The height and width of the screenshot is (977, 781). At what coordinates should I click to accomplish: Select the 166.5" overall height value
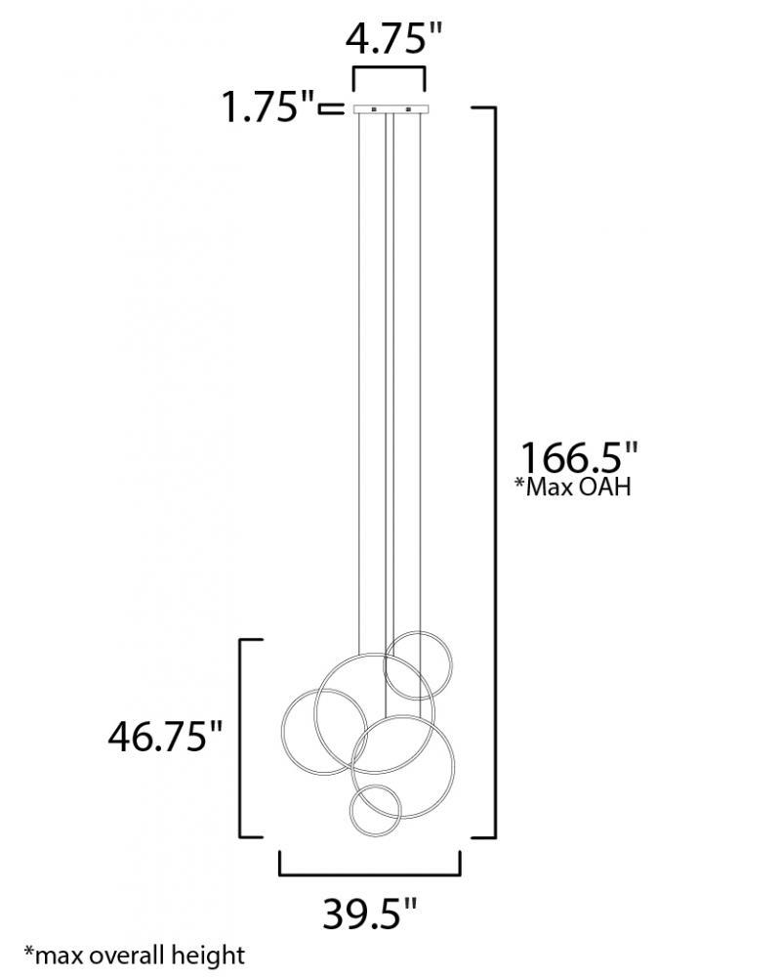click(x=579, y=457)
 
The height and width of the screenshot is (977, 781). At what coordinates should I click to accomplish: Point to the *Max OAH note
click(x=572, y=487)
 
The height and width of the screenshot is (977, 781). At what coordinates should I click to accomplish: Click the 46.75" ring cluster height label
click(x=165, y=736)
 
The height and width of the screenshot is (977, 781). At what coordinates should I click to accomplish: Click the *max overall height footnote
click(x=135, y=956)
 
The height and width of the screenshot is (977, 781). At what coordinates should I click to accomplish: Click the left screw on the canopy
click(x=374, y=109)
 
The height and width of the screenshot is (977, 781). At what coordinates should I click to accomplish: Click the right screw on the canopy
click(x=409, y=109)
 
